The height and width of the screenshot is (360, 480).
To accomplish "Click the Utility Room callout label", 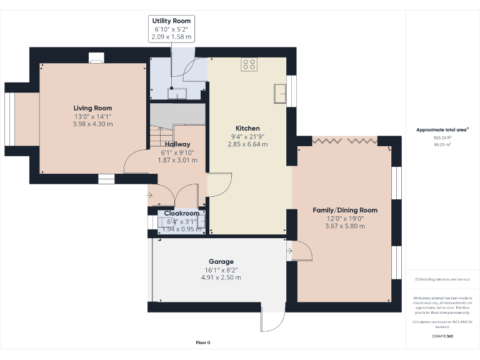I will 171,21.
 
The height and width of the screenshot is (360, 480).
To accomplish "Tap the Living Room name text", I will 93,108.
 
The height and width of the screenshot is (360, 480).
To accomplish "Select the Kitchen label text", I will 247,128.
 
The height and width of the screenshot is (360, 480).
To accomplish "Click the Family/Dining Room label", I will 345,210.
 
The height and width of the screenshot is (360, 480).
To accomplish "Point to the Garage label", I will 221,261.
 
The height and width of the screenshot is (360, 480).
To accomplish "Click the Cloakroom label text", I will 181,213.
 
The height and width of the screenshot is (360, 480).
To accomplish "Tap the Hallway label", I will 177,144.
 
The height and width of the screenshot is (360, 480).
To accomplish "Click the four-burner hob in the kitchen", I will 249,63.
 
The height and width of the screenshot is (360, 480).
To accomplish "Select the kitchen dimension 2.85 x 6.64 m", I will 247,144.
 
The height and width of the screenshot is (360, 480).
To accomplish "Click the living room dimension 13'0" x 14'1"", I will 93,116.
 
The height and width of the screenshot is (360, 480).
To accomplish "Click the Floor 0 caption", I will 203,342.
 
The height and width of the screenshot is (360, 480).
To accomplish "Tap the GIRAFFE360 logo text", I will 442,336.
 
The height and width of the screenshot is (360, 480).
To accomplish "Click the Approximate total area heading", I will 442,129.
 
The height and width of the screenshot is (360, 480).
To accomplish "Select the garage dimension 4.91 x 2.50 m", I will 221,277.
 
